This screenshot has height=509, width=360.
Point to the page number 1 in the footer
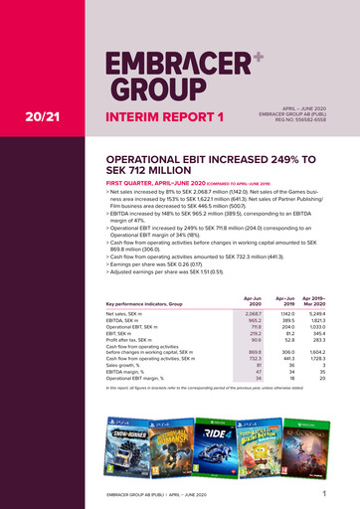(325, 492)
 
